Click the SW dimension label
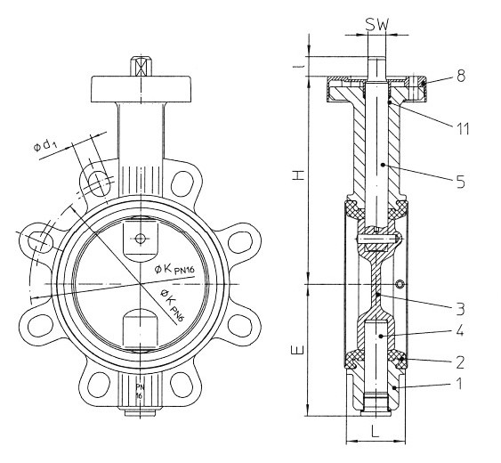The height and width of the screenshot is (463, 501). click(377, 24)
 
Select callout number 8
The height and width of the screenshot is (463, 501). click(460, 76)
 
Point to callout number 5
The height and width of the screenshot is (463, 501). click(460, 182)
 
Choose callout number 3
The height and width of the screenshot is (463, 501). click(460, 309)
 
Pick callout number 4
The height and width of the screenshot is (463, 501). click(460, 331)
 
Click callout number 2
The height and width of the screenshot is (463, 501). click(460, 362)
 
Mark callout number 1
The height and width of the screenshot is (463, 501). click(459, 383)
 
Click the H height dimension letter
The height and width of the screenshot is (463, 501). click(298, 175)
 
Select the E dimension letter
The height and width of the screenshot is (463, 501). click(297, 350)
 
